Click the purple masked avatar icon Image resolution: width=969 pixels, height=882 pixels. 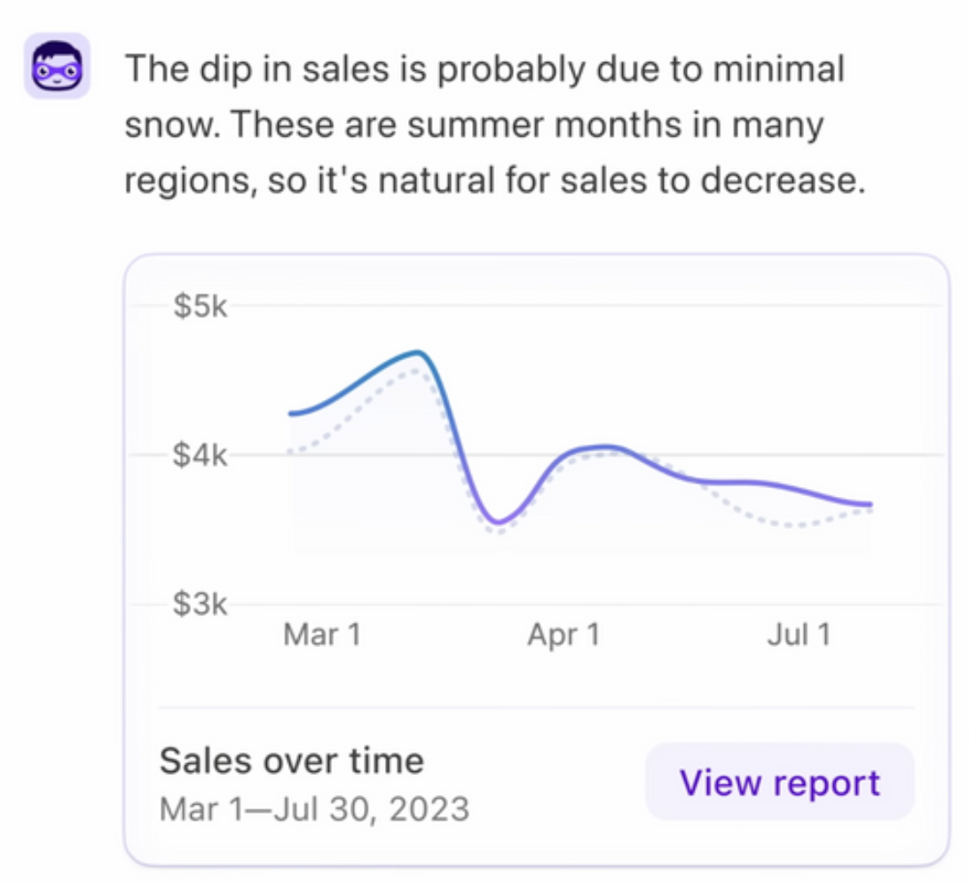tap(56, 66)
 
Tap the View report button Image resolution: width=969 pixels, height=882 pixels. tap(779, 782)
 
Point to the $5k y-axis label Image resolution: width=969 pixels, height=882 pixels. tap(201, 308)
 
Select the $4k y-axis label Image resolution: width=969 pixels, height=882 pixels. tap(201, 457)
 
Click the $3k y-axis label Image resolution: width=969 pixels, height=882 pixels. tap(201, 605)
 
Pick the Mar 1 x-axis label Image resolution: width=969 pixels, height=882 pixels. tap(322, 635)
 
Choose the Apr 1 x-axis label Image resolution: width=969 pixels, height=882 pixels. tap(563, 635)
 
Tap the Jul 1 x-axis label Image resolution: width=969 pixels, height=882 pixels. tap(799, 635)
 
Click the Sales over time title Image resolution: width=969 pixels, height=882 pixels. tap(291, 761)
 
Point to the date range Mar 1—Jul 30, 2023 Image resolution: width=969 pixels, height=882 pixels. tap(314, 808)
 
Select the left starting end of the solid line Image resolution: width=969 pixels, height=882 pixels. tap(292, 413)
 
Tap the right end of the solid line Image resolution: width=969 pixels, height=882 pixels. tap(869, 504)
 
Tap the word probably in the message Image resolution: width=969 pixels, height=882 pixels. tap(509, 69)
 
